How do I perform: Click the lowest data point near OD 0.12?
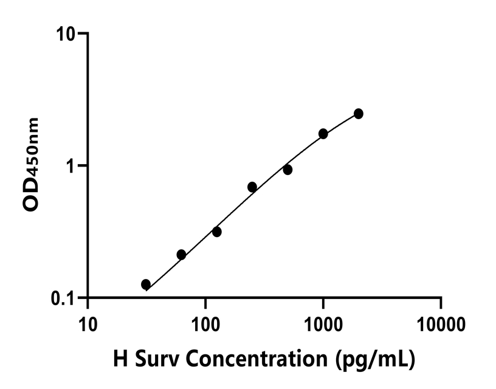click(146, 284)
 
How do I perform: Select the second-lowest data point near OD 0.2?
click(181, 255)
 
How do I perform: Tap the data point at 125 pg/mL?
click(216, 232)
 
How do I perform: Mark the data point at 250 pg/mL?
click(252, 187)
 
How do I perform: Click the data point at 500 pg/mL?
click(288, 170)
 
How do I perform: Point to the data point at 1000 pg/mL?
click(323, 134)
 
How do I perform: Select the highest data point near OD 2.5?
click(359, 114)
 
